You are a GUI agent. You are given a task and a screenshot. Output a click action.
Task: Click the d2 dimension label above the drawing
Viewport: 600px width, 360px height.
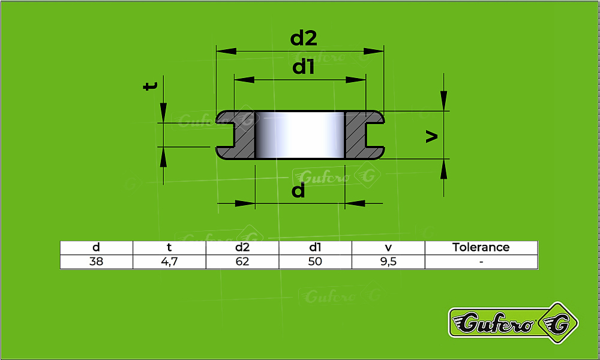pos(304,38)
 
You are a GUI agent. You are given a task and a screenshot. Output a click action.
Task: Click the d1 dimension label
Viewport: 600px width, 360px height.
pos(304,67)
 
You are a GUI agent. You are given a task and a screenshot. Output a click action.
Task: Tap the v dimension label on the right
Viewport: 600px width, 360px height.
pos(431,137)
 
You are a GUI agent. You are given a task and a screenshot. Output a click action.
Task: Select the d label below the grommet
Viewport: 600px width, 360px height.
pos(298,191)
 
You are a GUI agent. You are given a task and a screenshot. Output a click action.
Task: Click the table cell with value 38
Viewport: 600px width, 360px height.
pos(96,262)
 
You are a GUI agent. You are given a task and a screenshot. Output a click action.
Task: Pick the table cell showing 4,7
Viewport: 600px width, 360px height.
pos(169,262)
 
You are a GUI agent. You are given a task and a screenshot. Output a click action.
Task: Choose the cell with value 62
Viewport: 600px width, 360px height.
pos(242,262)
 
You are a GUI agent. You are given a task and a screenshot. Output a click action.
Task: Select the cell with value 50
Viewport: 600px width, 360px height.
pos(315,262)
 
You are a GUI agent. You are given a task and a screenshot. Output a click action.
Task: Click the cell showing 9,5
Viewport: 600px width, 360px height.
pos(388,262)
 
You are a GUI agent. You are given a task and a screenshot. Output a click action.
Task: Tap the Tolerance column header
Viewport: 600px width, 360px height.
pos(481,247)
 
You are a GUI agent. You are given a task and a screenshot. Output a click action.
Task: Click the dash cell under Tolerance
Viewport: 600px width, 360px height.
pos(481,262)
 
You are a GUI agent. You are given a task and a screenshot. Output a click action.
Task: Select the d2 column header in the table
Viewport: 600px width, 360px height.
pos(242,247)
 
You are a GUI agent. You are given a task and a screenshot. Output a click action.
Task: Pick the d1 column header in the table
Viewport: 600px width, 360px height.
pos(315,247)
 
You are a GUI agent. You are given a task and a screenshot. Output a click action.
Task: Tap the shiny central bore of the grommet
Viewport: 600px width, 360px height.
pos(300,134)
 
